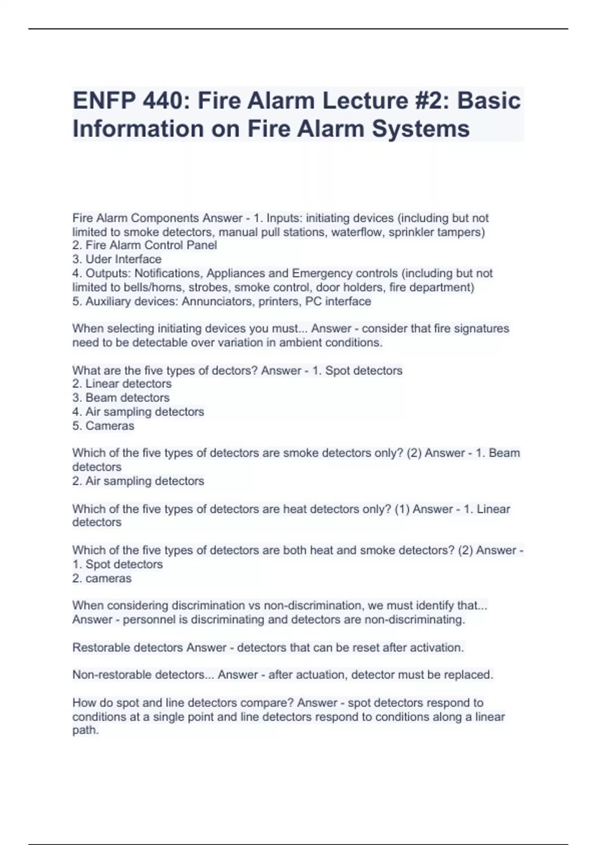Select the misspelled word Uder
(x=99, y=259)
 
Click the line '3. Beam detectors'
(x=121, y=398)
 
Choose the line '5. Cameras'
(x=103, y=426)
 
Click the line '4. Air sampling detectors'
(x=138, y=412)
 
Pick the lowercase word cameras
(x=108, y=579)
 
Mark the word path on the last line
(x=85, y=731)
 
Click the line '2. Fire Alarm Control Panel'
(x=145, y=246)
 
